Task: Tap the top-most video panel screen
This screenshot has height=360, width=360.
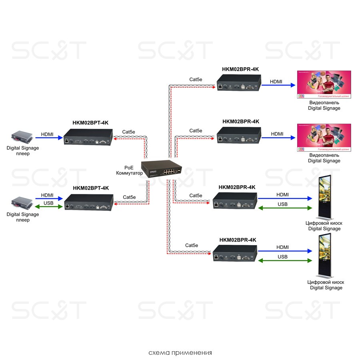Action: [323, 85]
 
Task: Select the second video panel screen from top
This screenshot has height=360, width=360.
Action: [323, 138]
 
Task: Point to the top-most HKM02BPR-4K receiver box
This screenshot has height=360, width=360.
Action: [238, 82]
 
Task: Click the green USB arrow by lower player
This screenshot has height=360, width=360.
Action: [49, 207]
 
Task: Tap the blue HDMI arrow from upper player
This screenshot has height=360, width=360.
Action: [48, 138]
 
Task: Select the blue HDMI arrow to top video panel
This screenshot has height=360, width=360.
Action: [278, 85]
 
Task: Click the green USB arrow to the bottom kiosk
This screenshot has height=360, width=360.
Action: [284, 260]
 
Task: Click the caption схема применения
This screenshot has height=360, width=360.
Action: [180, 353]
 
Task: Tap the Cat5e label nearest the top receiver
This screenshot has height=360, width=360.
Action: [196, 79]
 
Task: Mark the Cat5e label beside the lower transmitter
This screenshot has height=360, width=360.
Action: [129, 197]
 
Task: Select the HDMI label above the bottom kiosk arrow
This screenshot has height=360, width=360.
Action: [282, 247]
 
